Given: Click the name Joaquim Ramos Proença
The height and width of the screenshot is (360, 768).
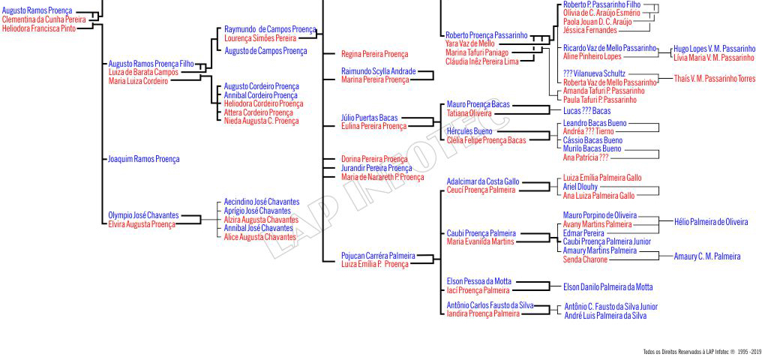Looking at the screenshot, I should pyautogui.click(x=144, y=160).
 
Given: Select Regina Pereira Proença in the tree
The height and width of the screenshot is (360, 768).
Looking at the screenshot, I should pyautogui.click(x=374, y=54).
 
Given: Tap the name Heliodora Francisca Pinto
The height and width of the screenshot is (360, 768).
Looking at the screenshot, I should pyautogui.click(x=39, y=28).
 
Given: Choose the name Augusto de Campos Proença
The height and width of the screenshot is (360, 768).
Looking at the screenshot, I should pyautogui.click(x=265, y=51).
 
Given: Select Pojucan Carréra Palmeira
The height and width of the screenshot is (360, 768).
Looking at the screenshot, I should pyautogui.click(x=378, y=256).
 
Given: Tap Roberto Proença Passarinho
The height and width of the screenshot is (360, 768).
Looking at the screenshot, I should pyautogui.click(x=486, y=35).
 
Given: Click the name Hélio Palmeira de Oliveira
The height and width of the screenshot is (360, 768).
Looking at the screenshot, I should pyautogui.click(x=710, y=222).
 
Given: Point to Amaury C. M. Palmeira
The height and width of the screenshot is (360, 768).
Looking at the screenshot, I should pyautogui.click(x=706, y=256).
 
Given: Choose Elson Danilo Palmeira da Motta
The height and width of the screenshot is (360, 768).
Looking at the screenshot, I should pyautogui.click(x=607, y=286).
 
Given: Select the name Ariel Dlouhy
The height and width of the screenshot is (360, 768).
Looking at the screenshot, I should pyautogui.click(x=580, y=187).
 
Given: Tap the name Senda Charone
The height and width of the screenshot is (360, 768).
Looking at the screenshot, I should pyautogui.click(x=585, y=259).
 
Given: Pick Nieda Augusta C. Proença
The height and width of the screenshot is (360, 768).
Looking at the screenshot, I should pyautogui.click(x=261, y=121).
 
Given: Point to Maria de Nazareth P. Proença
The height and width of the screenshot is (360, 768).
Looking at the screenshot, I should pyautogui.click(x=382, y=178).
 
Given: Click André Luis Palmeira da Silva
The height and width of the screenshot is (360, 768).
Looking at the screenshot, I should pyautogui.click(x=605, y=316).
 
